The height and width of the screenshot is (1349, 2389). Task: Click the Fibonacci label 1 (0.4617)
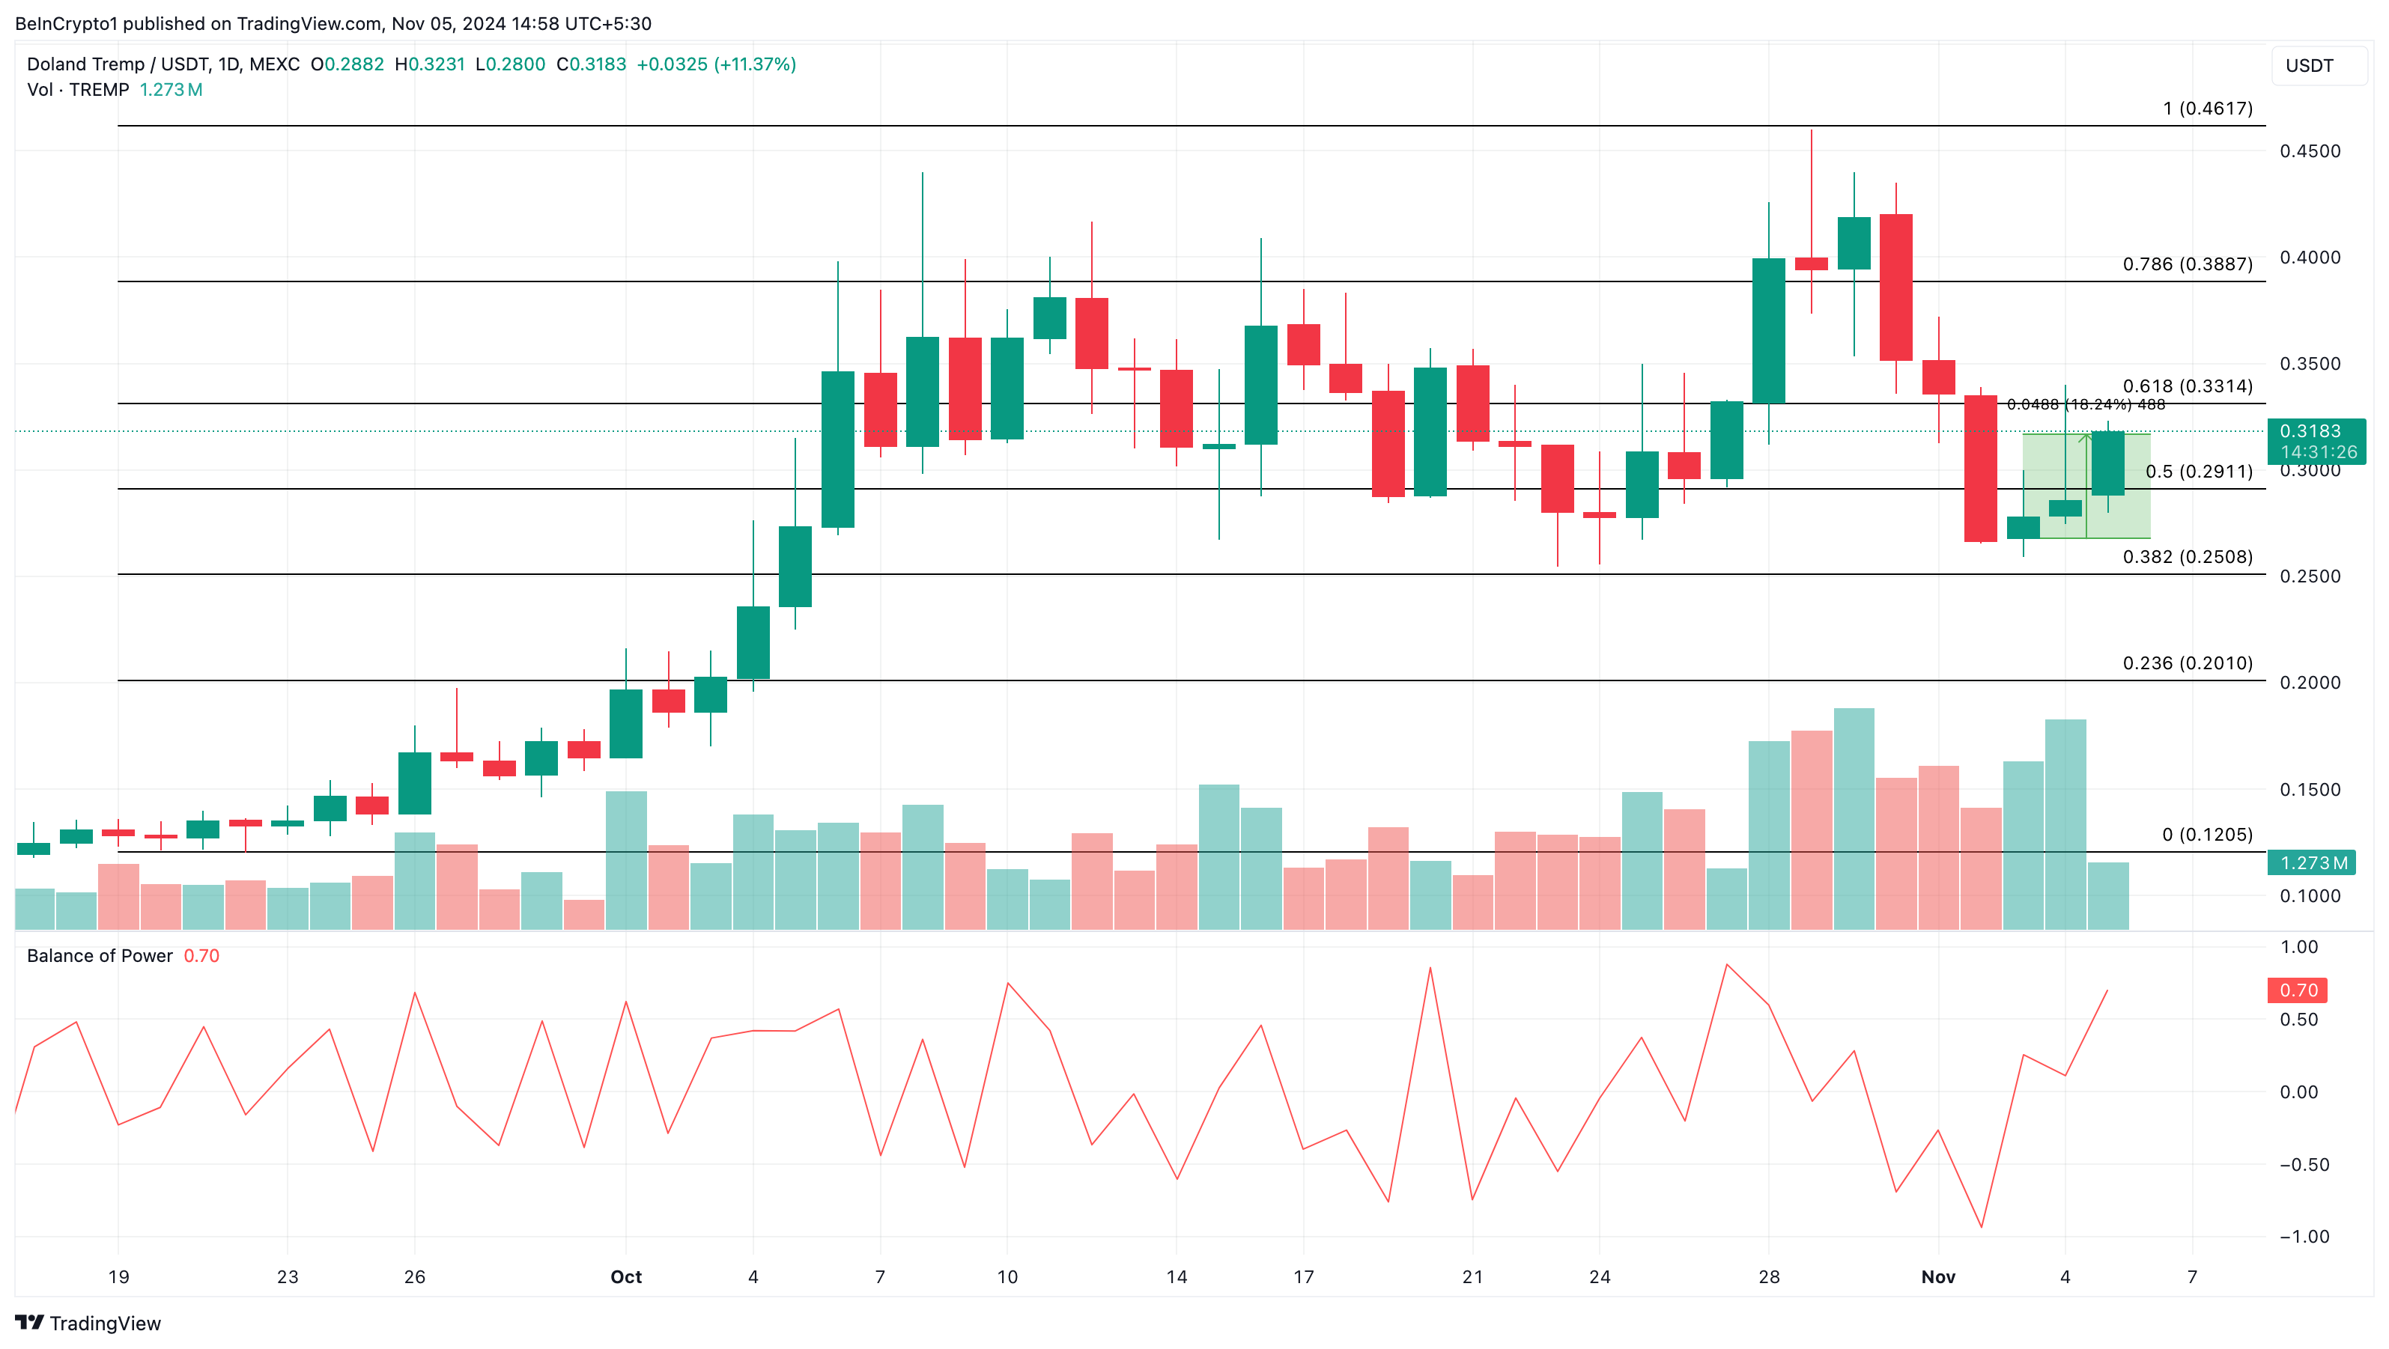point(2206,109)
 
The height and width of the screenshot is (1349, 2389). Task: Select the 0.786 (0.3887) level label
point(2187,264)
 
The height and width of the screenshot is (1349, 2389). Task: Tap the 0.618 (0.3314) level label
point(2187,386)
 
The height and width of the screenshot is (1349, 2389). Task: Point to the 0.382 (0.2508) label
point(2187,556)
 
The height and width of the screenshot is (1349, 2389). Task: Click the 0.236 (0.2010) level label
point(2187,663)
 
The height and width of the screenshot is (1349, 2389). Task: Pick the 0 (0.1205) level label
point(2206,835)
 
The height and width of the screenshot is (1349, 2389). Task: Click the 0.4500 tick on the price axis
point(2310,151)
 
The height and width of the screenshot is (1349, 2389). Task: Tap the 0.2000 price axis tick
point(2310,683)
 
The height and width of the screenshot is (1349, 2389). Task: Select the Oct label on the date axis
point(626,1276)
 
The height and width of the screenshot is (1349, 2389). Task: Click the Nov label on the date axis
point(1937,1276)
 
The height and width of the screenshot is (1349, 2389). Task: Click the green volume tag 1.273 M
point(2313,863)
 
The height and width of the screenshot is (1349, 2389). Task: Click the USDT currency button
point(2310,66)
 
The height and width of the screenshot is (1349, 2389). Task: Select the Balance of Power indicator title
point(100,956)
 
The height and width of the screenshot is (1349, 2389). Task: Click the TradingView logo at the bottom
point(88,1323)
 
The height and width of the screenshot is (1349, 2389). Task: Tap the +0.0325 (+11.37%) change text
point(716,64)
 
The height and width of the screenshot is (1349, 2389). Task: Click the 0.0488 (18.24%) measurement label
point(2086,404)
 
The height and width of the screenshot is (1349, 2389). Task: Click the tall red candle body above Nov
point(1981,468)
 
